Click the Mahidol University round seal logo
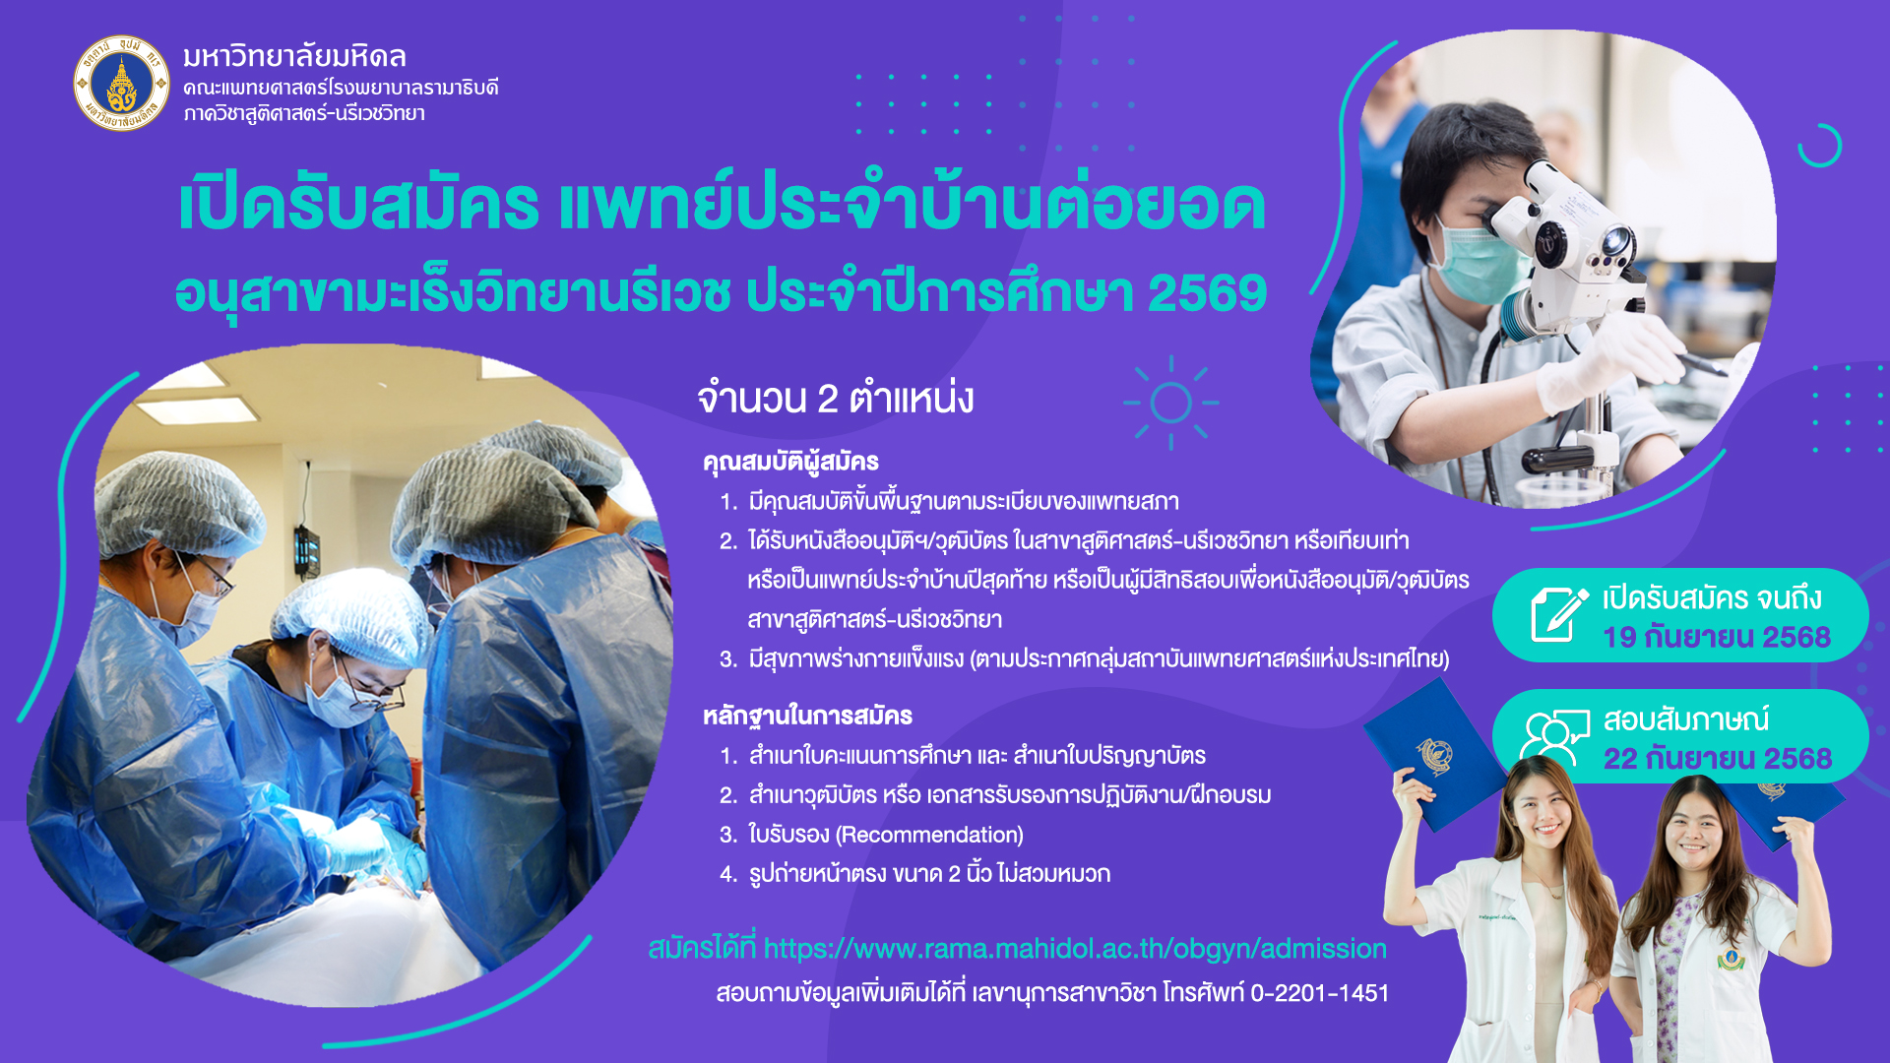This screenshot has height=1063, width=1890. (x=122, y=84)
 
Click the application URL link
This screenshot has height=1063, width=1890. (x=1075, y=949)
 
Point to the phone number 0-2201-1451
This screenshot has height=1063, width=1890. (x=1319, y=993)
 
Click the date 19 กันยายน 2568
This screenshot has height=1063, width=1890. (x=1716, y=638)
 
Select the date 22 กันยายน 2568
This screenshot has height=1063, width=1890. (x=1717, y=759)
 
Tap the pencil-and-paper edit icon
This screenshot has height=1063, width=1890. (x=1559, y=614)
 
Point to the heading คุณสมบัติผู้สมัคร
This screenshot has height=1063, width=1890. (x=790, y=462)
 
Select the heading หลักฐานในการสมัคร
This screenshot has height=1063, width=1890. (x=807, y=716)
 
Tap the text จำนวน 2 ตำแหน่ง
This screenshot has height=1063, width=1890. (x=835, y=399)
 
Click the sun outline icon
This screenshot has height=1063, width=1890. (x=1170, y=403)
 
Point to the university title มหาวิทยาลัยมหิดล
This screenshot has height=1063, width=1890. (x=294, y=56)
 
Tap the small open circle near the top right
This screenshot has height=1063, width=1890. (x=1819, y=146)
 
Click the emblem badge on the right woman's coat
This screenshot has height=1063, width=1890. (x=1731, y=958)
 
